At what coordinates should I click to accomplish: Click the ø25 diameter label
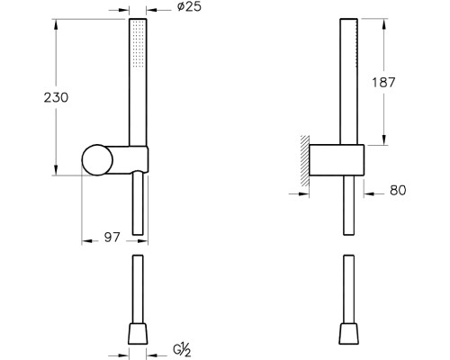tap(189, 6)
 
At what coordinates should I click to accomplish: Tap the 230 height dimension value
tap(56, 97)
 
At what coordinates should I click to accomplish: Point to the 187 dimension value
tap(383, 82)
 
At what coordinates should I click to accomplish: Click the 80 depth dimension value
tap(398, 190)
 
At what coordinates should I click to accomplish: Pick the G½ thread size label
tap(182, 350)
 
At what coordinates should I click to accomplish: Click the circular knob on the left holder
tap(97, 160)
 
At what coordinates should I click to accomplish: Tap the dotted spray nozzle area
tap(139, 44)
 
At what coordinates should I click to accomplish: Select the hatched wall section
tap(305, 161)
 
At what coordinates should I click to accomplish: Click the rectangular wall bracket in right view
tap(337, 160)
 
